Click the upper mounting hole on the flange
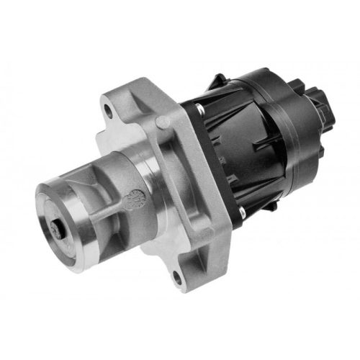pyautogui.click(x=109, y=112)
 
